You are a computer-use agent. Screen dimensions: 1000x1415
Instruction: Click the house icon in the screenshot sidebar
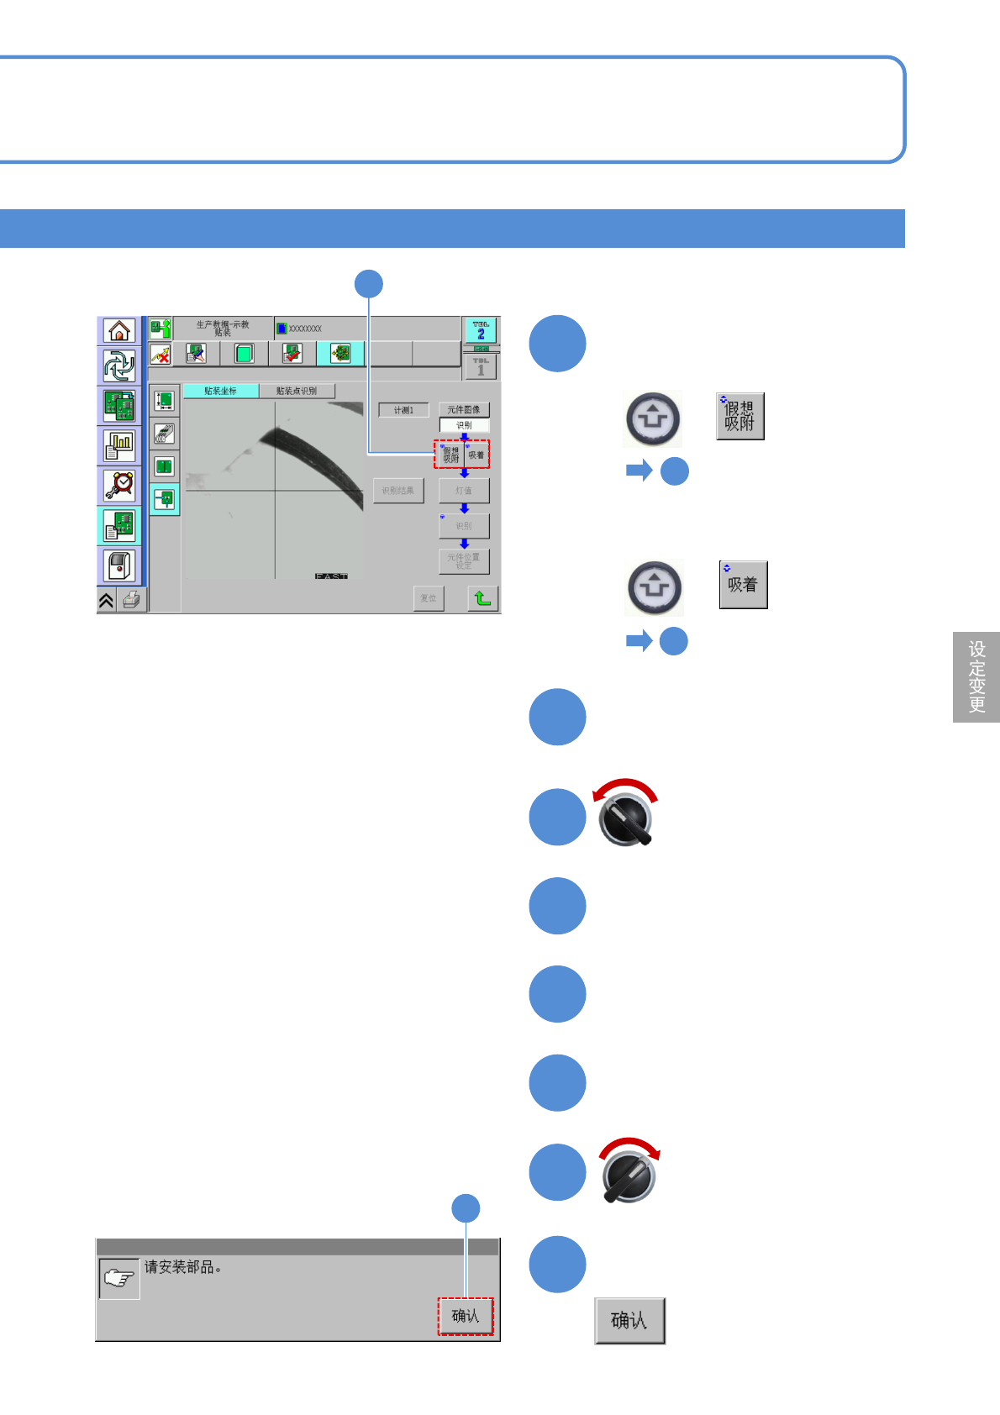[119, 330]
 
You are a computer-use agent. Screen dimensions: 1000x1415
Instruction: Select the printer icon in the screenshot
[131, 600]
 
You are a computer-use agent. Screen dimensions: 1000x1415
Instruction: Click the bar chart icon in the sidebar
[119, 445]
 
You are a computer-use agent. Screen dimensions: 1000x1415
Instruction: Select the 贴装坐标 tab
[221, 391]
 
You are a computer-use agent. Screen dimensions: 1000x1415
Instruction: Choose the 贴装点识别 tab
[297, 391]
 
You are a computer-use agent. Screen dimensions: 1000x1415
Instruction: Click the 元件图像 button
[464, 410]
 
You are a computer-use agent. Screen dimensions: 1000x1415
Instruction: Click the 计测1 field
[403, 410]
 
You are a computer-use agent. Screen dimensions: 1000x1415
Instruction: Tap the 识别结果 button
[398, 491]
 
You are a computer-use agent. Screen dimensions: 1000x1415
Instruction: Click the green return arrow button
[482, 598]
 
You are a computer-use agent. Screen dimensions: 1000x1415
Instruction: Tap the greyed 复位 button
[429, 598]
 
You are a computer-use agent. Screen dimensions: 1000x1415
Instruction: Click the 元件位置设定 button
[464, 561]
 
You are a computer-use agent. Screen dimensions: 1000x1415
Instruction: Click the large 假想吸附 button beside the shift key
[739, 416]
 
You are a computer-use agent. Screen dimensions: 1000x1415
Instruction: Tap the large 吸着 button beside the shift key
[743, 585]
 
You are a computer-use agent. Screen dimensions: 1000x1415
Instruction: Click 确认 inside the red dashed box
[465, 1316]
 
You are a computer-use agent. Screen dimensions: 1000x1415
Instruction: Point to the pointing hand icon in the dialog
[118, 1279]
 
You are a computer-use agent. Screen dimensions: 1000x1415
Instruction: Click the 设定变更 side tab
[976, 676]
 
